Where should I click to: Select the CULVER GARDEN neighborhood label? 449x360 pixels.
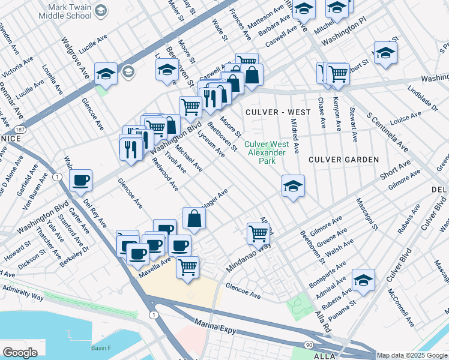[x=343, y=160]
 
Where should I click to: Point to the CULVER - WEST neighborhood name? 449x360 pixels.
[x=278, y=112]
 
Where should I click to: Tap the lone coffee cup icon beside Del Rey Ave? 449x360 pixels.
[x=80, y=180]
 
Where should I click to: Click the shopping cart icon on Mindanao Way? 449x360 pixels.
[x=258, y=233]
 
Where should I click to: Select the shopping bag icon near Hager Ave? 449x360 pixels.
[x=194, y=220]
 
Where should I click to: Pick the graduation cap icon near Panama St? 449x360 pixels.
[x=363, y=280]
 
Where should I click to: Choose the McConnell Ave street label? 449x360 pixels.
[x=400, y=307]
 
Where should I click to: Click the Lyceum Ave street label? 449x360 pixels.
[x=213, y=146]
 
